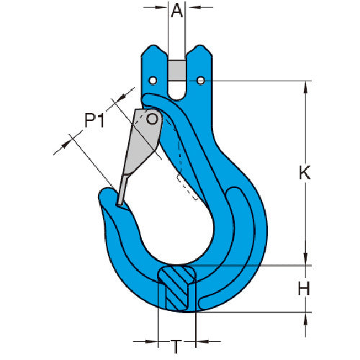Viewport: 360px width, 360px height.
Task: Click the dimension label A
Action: [x=177, y=11]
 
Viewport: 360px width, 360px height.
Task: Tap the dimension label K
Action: [x=305, y=172]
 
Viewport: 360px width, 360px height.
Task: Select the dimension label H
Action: [x=304, y=289]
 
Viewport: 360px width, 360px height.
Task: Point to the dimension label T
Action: [x=176, y=347]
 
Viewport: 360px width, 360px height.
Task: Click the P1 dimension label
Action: [x=94, y=120]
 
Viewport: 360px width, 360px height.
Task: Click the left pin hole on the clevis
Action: [x=153, y=81]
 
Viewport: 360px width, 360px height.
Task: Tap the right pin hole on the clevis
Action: [x=201, y=81]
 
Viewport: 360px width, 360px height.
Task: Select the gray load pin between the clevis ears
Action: [x=177, y=71]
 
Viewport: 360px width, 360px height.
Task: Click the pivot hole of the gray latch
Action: [x=152, y=119]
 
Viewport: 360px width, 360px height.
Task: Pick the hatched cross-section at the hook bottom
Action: [x=177, y=287]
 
